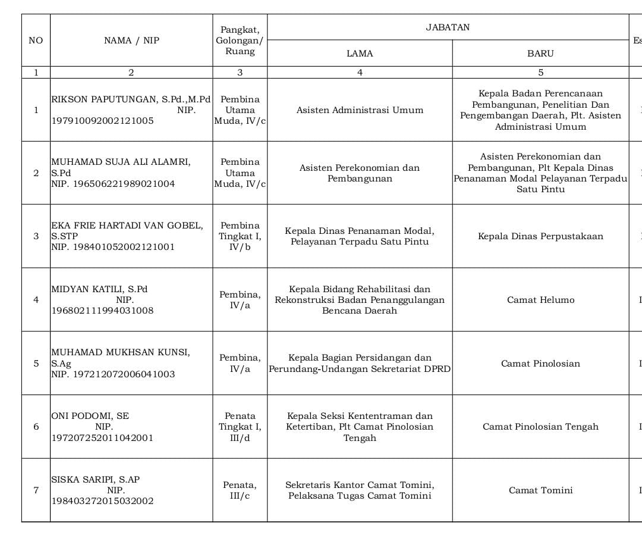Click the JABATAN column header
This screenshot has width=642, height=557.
[x=448, y=27]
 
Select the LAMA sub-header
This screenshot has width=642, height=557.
[x=360, y=54]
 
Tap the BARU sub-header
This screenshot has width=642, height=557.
[x=540, y=54]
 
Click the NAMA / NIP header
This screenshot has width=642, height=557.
[x=131, y=40]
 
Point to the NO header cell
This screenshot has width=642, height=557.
[x=36, y=40]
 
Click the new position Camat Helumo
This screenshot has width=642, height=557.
[x=540, y=300]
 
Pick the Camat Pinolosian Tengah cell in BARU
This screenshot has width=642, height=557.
[x=540, y=427]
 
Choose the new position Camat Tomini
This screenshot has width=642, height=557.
[x=540, y=490]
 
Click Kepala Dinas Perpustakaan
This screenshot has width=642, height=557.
[x=540, y=236]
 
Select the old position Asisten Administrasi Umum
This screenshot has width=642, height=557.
[x=360, y=110]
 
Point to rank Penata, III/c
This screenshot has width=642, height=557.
[x=240, y=490]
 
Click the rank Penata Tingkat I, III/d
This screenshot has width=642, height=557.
[x=240, y=427]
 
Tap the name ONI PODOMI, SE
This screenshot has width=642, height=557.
[x=90, y=416]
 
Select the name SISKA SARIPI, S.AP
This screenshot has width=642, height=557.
[x=96, y=480]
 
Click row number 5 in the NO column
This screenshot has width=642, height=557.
[x=36, y=364]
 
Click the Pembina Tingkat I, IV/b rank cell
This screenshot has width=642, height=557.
[x=240, y=236]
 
